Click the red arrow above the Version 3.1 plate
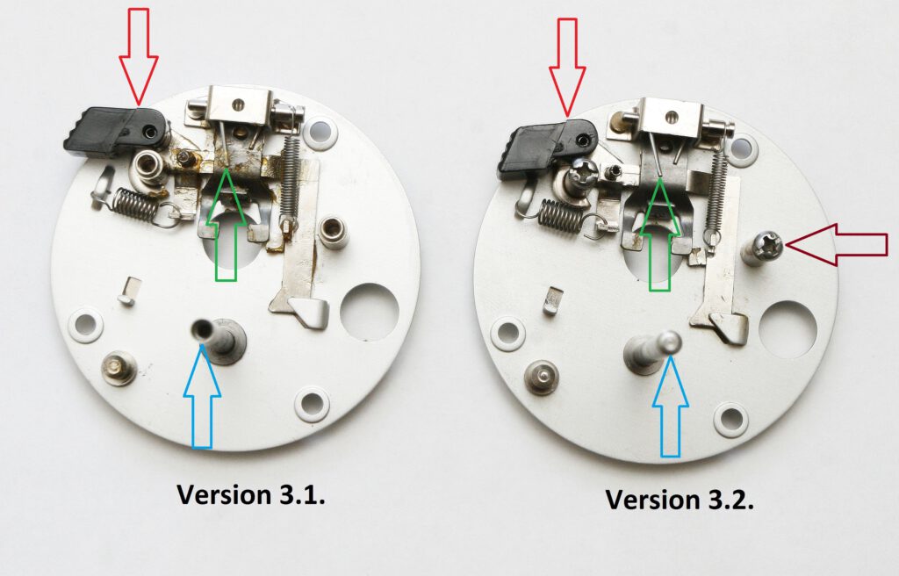(138, 56)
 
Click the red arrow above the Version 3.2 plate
(568, 68)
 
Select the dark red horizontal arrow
(837, 244)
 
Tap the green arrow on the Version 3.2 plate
(659, 234)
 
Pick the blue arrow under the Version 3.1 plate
(202, 396)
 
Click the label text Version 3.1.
(250, 494)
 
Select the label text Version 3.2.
(680, 499)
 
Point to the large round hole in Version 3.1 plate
(370, 312)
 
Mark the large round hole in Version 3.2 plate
(788, 330)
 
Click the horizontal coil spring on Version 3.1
(135, 204)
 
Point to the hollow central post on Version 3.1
(219, 340)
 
